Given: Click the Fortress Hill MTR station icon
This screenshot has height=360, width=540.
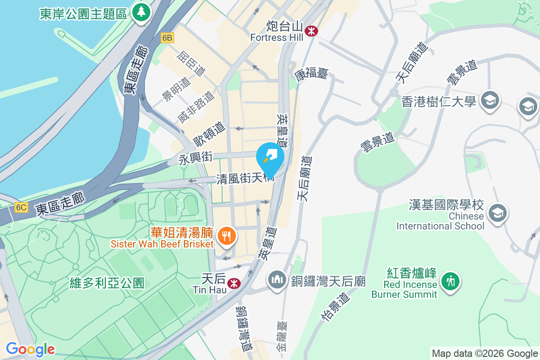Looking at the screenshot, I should [310, 31].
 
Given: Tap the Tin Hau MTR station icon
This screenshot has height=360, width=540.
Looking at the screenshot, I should [233, 283].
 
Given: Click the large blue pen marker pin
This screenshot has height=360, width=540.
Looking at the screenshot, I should [270, 158].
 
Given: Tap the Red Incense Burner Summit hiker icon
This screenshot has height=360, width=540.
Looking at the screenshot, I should [449, 281].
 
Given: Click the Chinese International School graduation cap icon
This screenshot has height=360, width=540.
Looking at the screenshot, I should [498, 213].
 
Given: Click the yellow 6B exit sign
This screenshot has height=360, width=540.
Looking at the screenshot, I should [167, 38].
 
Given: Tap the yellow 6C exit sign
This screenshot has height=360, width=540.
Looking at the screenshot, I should [21, 207].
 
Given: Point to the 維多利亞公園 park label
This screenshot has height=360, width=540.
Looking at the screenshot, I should [107, 283].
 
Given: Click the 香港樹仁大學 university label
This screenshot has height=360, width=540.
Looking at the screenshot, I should [438, 102].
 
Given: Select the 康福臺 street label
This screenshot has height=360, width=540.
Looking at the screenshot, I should [312, 73].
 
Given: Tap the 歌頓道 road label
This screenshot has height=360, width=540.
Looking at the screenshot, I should [209, 134].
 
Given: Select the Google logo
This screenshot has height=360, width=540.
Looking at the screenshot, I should [30, 349].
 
